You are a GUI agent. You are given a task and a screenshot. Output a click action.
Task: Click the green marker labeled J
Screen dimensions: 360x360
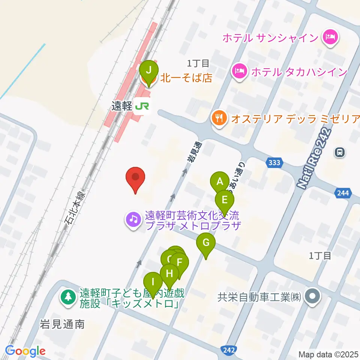(149, 70)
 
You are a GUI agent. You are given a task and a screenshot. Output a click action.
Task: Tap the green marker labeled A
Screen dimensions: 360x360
(220, 182)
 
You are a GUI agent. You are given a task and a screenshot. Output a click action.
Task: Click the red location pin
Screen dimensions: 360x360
(135, 177)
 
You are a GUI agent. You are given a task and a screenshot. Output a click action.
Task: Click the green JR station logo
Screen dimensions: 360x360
(142, 106)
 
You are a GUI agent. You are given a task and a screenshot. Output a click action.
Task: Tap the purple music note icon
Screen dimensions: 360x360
(133, 219)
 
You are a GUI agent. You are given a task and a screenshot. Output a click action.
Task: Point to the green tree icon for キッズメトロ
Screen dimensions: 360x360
(68, 297)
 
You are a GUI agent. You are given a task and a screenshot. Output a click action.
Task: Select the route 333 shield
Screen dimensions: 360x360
(275, 162)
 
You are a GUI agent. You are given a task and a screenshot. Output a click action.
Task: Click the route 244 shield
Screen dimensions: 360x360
(343, 193)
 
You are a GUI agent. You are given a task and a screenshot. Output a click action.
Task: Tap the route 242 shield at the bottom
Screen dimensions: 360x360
(228, 349)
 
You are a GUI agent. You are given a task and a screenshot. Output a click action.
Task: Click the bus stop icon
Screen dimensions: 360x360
(339, 152)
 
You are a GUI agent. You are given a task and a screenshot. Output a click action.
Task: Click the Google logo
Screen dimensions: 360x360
(25, 351)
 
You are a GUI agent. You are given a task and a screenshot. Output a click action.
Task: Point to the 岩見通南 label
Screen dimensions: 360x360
(63, 324)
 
